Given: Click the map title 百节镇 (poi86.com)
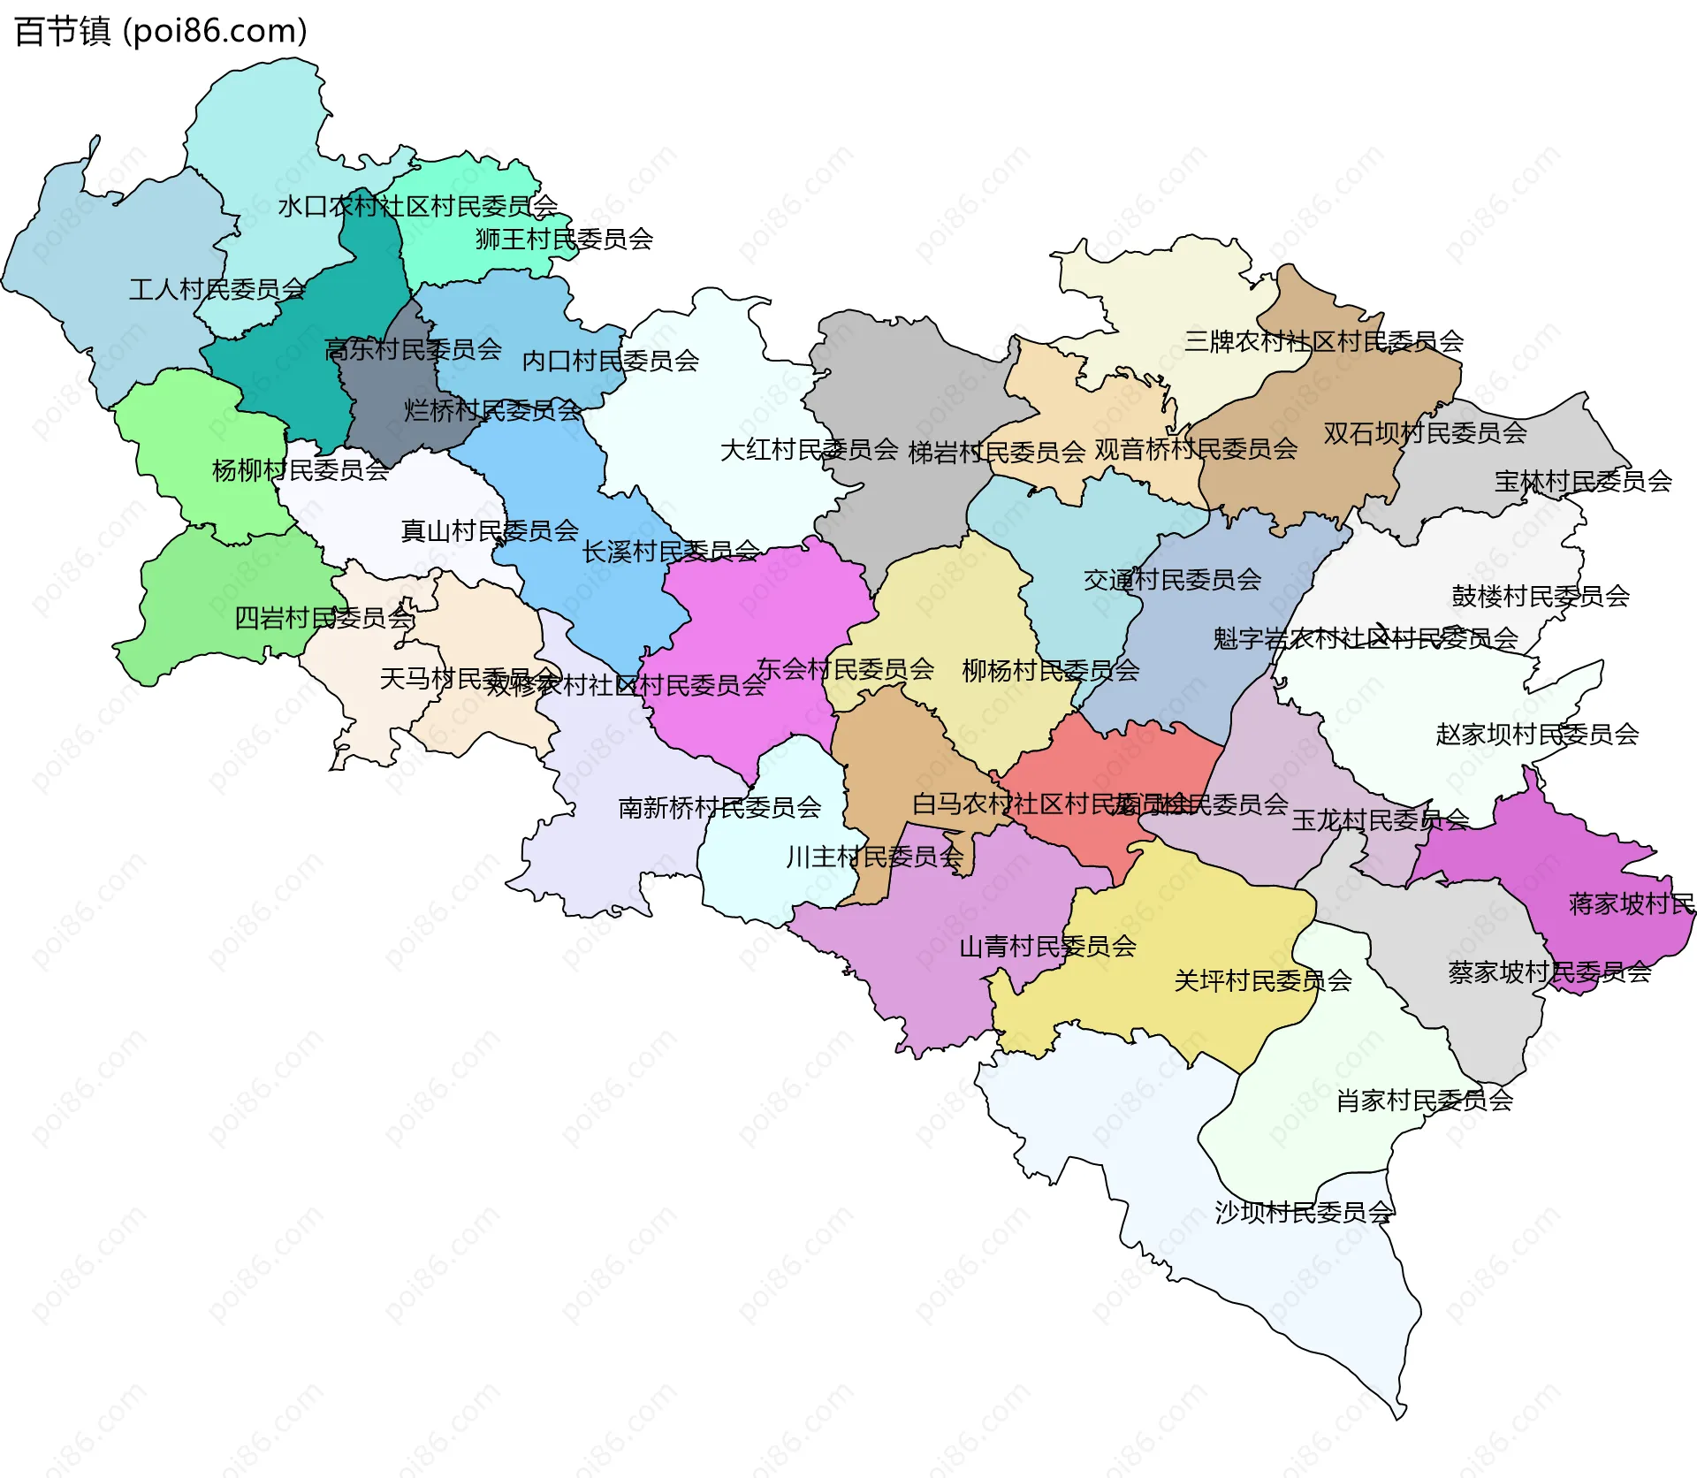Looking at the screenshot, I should [x=161, y=32].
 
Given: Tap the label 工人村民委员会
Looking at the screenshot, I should [x=217, y=289].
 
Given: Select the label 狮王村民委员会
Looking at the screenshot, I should [x=564, y=239].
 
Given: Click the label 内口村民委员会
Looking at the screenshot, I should [x=610, y=361].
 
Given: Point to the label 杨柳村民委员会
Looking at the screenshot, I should [x=301, y=470].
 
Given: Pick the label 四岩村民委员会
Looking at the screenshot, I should [x=323, y=618].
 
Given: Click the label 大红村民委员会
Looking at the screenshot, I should [x=809, y=450].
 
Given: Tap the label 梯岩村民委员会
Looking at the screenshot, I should [x=996, y=453].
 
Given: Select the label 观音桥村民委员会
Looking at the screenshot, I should [x=1196, y=449].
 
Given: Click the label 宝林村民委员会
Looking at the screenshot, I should [x=1582, y=481].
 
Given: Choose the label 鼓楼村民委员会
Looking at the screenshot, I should [x=1540, y=596].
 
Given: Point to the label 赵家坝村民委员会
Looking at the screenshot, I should [x=1537, y=734].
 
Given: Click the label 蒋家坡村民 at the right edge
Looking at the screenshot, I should [x=1631, y=903].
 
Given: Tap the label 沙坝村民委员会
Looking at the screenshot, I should [x=1304, y=1212].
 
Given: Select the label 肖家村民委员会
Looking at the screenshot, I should [x=1424, y=1101].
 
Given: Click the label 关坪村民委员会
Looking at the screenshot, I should [x=1262, y=980].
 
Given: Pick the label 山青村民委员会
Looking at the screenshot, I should [x=1047, y=947].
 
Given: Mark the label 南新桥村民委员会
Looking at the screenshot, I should [x=719, y=807].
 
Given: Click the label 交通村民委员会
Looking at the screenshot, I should [x=1172, y=580].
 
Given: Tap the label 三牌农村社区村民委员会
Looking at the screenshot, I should [x=1323, y=341].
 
